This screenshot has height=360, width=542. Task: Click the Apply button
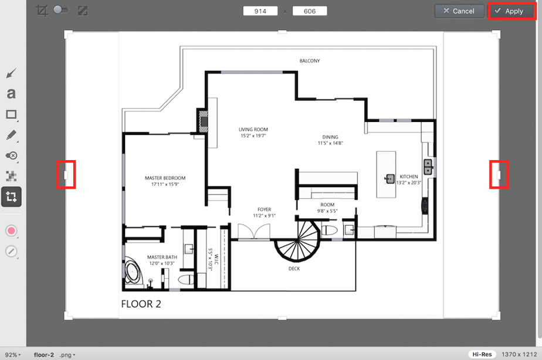(511, 11)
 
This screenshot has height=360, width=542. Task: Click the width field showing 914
(260, 11)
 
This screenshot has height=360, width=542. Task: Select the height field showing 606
(310, 11)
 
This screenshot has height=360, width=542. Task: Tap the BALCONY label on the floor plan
(310, 61)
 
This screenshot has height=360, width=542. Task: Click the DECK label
(294, 269)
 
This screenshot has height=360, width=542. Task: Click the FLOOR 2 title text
(141, 304)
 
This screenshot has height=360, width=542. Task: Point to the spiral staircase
(297, 240)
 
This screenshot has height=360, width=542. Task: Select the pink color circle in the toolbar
(11, 231)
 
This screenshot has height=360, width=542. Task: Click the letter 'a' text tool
(11, 93)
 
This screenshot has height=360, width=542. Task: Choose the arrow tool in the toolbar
(11, 73)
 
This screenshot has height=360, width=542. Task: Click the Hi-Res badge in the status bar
(482, 354)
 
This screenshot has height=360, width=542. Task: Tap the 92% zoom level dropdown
(13, 355)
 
